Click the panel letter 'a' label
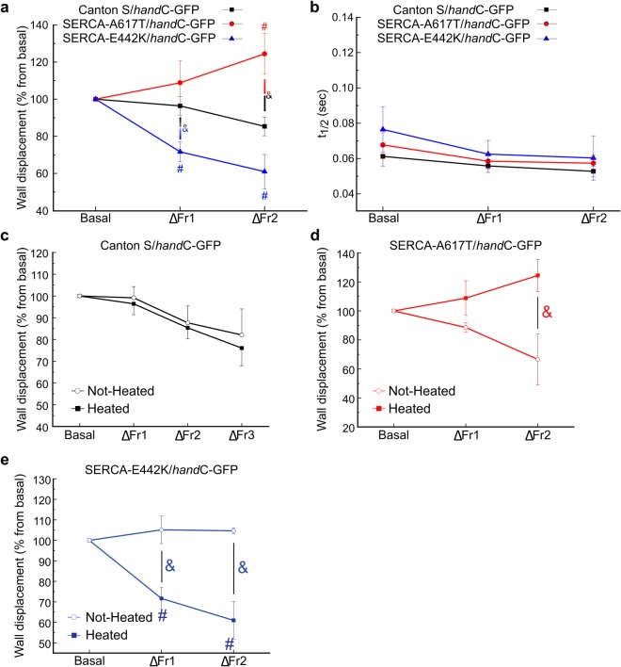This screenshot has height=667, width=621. (7, 8)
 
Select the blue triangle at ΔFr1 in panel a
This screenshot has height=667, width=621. (179, 152)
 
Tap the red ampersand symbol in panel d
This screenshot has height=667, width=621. (547, 312)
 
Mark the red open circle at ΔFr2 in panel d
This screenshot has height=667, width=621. (537, 359)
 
